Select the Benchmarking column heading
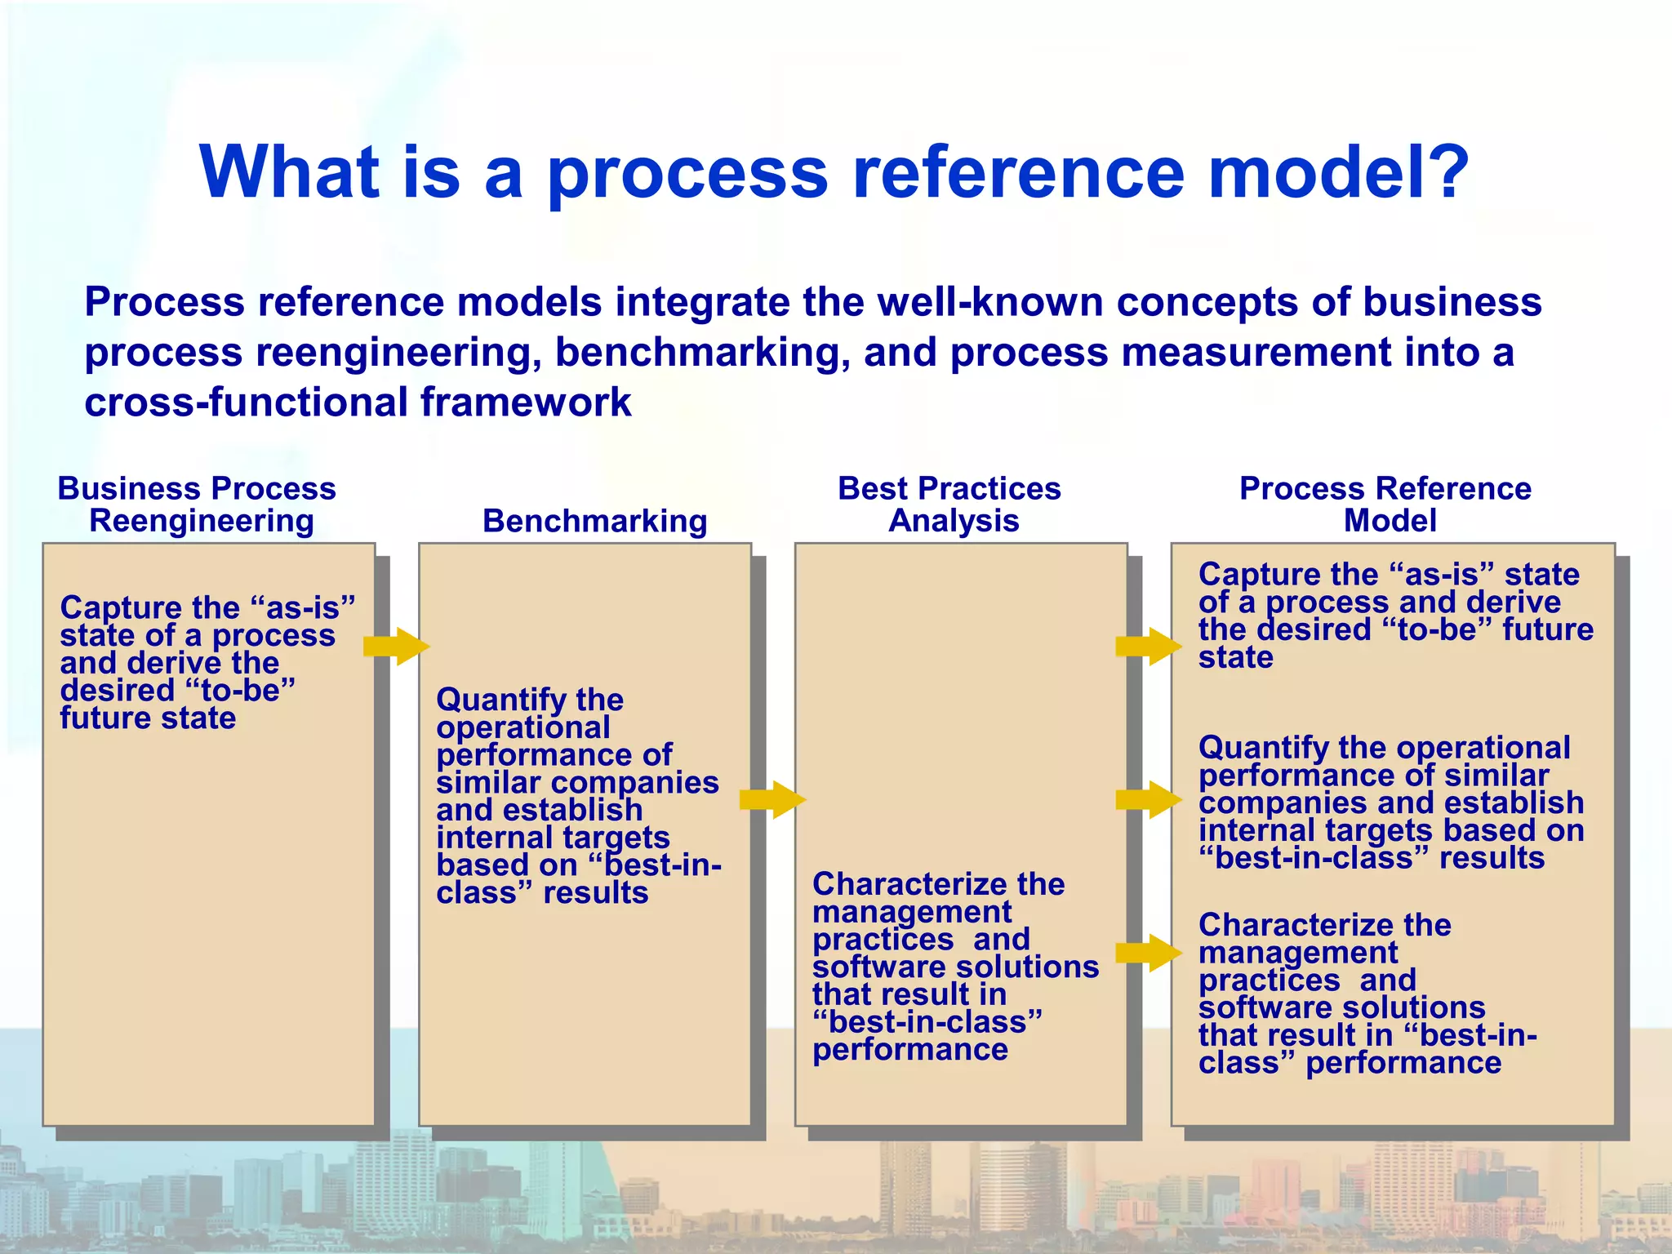click(594, 521)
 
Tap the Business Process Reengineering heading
click(198, 505)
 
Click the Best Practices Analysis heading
click(950, 505)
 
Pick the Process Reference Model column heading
click(1387, 505)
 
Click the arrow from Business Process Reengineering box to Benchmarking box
click(396, 647)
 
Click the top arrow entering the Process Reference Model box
click(1148, 647)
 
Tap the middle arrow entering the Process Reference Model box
click(1148, 799)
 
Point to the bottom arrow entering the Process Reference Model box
click(1148, 953)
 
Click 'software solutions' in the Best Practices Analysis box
click(955, 967)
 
